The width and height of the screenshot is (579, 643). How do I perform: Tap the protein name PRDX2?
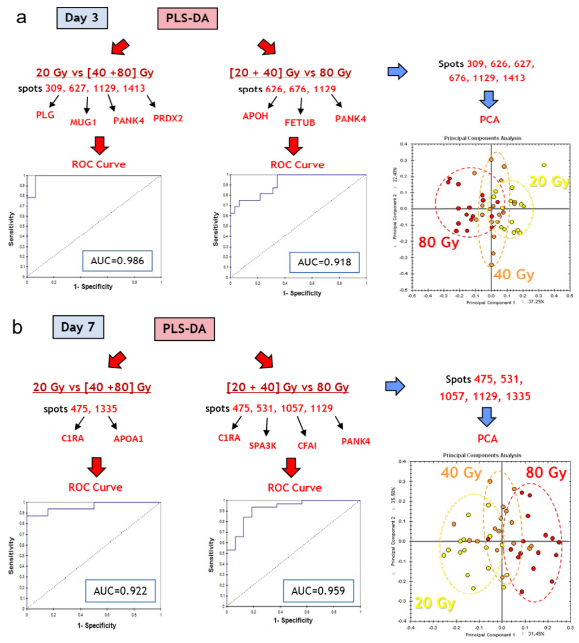pos(168,118)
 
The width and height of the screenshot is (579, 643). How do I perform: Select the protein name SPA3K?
pos(262,445)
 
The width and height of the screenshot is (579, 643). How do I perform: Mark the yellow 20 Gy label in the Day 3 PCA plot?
pos(548,182)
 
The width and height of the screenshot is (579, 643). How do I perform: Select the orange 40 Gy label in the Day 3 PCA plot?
pos(513,275)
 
